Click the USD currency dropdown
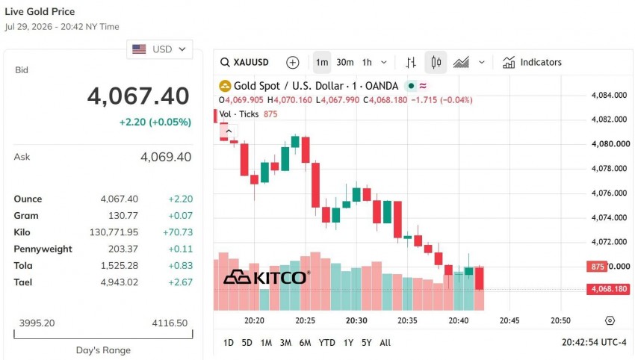click(x=160, y=49)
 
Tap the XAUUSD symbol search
click(x=244, y=62)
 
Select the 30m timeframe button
click(x=345, y=62)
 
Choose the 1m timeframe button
click(x=322, y=62)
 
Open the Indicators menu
click(x=532, y=62)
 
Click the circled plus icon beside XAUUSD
click(x=292, y=62)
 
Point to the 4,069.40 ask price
click(x=166, y=157)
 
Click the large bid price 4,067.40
click(x=138, y=96)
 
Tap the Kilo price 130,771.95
click(x=114, y=232)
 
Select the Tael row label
click(x=22, y=282)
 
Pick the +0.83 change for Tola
click(x=181, y=266)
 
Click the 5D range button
click(x=247, y=343)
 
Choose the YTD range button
click(x=326, y=343)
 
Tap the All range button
click(x=385, y=343)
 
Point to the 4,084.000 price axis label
click(x=609, y=95)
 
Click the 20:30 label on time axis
click(x=356, y=320)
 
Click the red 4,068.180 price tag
click(x=608, y=289)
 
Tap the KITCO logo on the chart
click(x=267, y=277)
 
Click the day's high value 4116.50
click(x=170, y=323)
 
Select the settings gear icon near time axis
click(x=610, y=320)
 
